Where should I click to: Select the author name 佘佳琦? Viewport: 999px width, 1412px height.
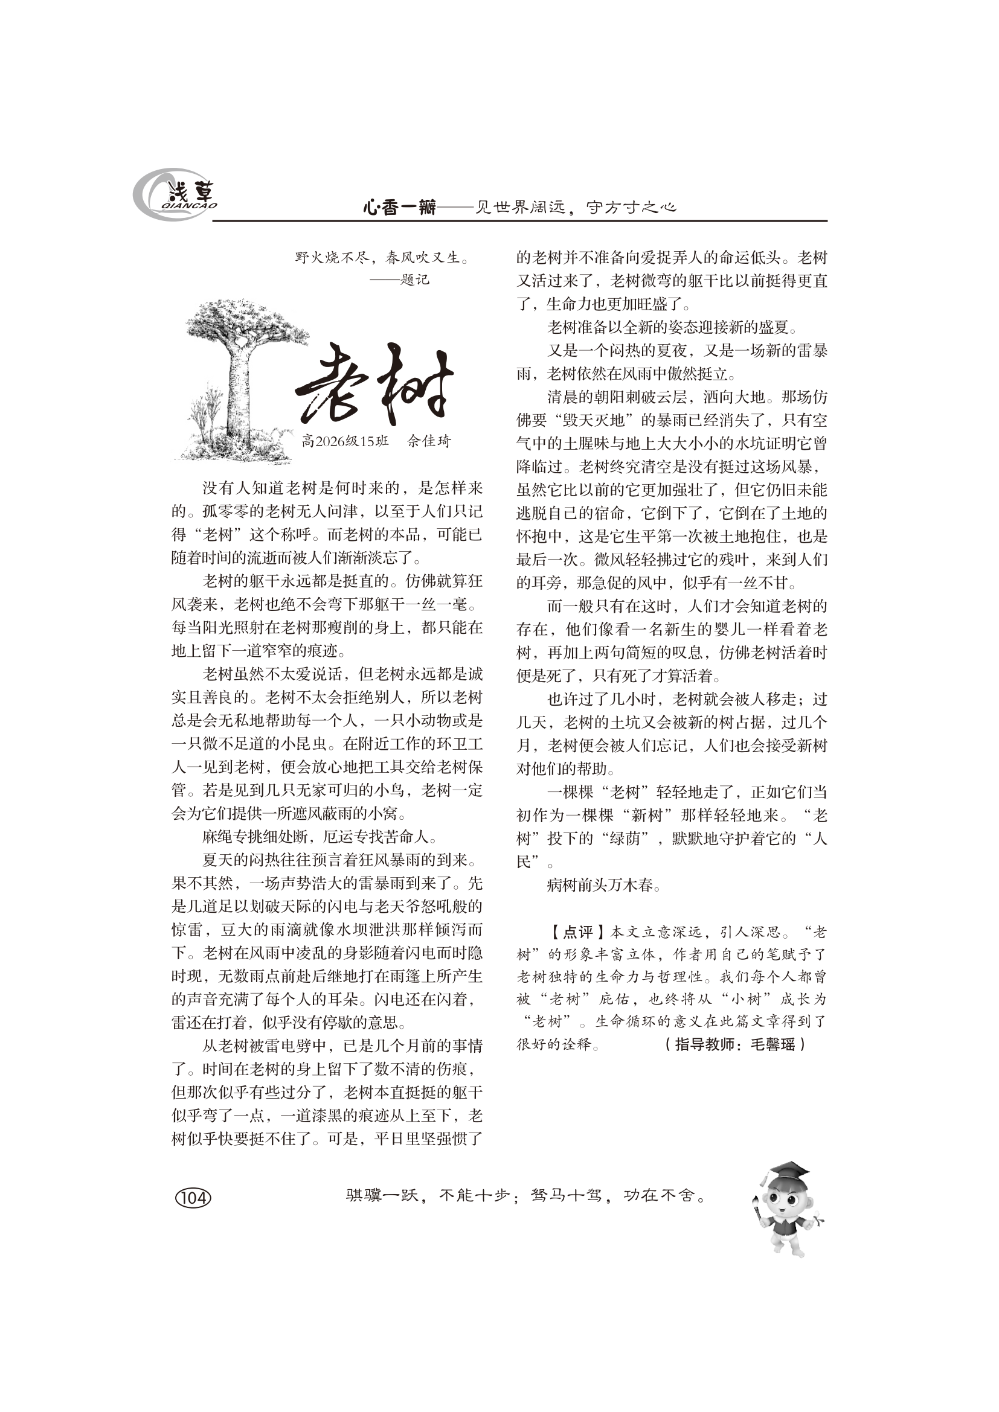coord(429,441)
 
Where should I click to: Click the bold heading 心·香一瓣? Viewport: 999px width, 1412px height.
coord(399,208)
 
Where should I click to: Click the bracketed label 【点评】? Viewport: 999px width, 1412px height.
coord(577,932)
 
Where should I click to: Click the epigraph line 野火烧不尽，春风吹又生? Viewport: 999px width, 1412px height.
coord(382,257)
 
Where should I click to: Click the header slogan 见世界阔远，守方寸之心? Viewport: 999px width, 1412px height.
coord(576,208)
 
